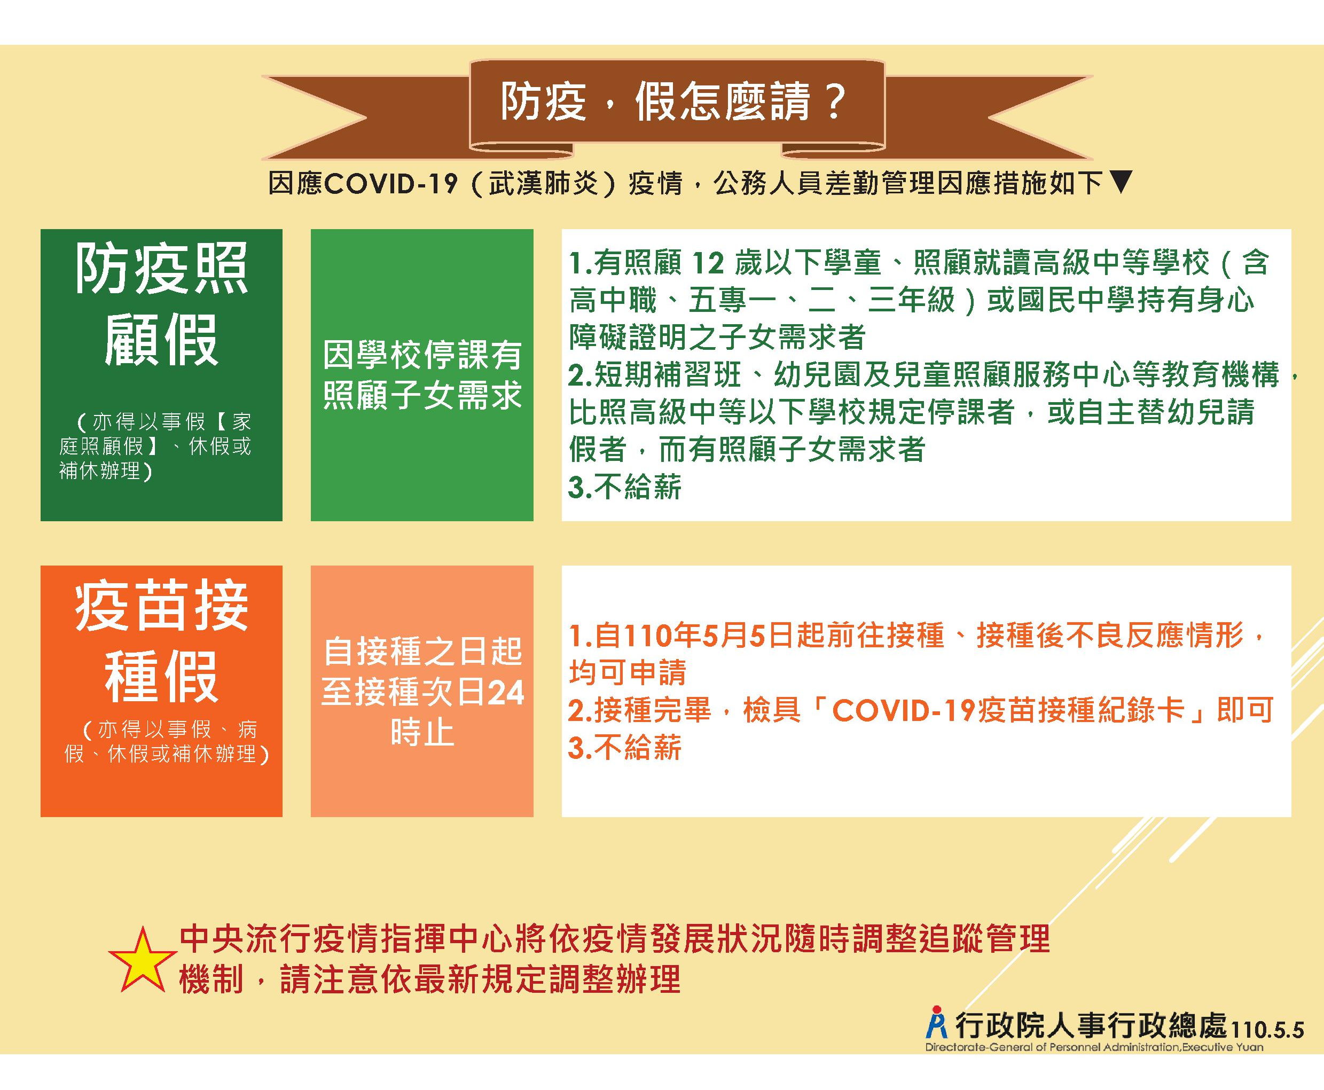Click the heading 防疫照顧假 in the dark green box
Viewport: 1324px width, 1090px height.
pyautogui.click(x=161, y=304)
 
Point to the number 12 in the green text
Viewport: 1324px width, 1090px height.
pyautogui.click(x=708, y=264)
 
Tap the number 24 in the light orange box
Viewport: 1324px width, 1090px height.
pyautogui.click(x=506, y=693)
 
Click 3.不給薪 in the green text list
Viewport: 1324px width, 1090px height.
pyautogui.click(x=625, y=487)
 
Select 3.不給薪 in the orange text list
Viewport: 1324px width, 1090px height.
pyautogui.click(x=625, y=748)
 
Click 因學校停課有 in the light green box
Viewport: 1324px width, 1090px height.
pyautogui.click(x=422, y=355)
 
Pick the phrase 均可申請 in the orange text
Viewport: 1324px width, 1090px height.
pyautogui.click(x=628, y=673)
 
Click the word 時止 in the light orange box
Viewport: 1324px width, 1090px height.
pyautogui.click(x=422, y=732)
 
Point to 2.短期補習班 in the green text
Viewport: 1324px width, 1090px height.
pyautogui.click(x=655, y=375)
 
